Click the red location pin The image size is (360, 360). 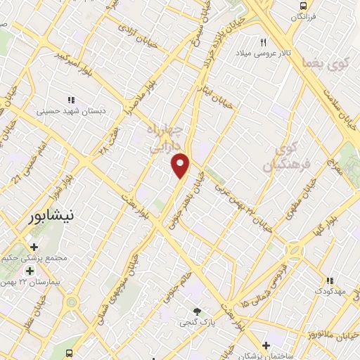coord(181,165)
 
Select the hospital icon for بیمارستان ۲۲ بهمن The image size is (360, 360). coord(30,271)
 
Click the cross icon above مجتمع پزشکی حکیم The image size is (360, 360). coord(34,246)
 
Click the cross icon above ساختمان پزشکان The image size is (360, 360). coord(266,345)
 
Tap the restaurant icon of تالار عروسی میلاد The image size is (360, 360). coord(264,41)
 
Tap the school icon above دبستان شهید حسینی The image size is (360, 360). coord(70,100)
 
